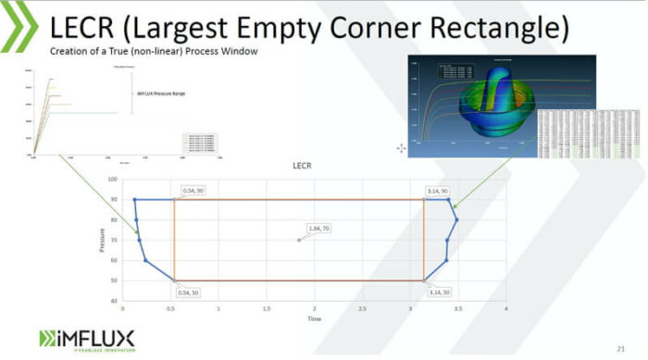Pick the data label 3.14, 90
click(x=438, y=191)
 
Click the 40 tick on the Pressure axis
click(x=114, y=301)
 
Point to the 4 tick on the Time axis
click(x=506, y=308)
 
